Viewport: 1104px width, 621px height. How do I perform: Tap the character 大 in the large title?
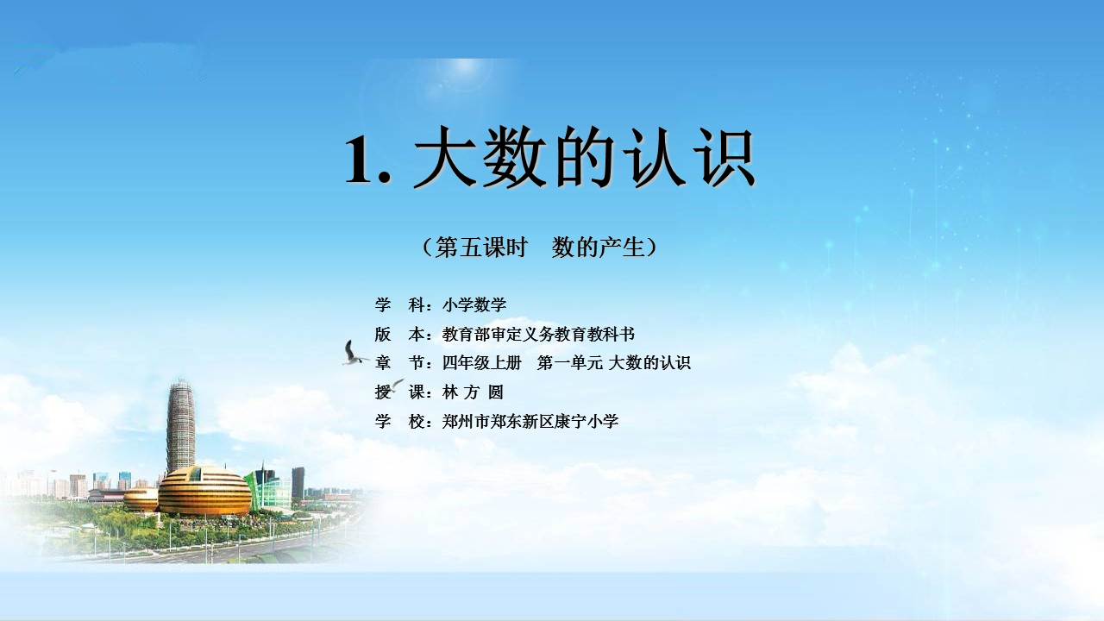[x=446, y=157]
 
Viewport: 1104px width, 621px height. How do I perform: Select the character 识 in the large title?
[x=724, y=157]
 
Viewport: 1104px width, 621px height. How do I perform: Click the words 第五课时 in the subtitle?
[x=481, y=247]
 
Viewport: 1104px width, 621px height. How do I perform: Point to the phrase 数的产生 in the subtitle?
[x=599, y=247]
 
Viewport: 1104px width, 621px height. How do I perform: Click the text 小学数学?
[x=474, y=305]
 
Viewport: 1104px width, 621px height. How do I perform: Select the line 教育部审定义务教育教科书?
[x=538, y=335]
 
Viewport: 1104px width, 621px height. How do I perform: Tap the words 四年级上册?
[x=481, y=363]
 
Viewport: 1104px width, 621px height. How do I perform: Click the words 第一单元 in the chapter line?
[x=570, y=363]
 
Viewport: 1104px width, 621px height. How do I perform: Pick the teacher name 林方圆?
[x=473, y=392]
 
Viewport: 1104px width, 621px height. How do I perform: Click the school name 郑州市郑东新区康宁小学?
[x=530, y=422]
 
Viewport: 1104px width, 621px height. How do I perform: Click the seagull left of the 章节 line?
[x=353, y=354]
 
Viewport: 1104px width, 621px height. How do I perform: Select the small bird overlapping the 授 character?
[x=396, y=385]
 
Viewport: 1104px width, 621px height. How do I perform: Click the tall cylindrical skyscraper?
[x=180, y=426]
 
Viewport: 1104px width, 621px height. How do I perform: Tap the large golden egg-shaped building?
[x=204, y=491]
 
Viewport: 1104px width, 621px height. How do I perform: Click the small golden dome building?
[x=141, y=499]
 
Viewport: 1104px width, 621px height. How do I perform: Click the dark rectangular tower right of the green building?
[x=298, y=484]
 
